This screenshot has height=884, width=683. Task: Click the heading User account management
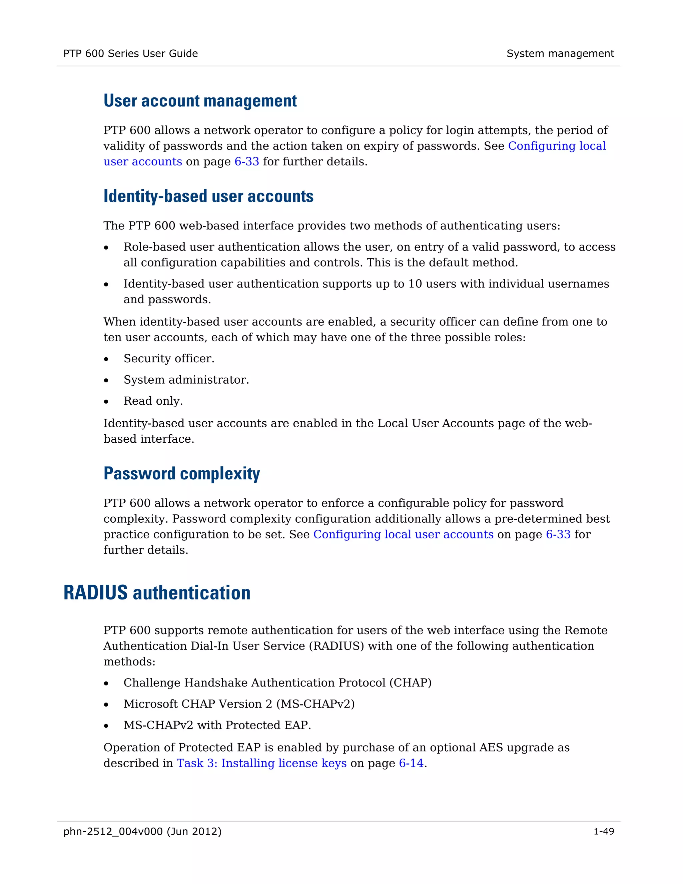[200, 101]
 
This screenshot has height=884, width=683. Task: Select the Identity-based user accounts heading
[208, 196]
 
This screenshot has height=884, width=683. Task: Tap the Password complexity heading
[182, 474]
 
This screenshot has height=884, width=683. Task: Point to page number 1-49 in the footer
[603, 831]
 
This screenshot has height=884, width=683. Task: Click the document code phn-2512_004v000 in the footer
[113, 831]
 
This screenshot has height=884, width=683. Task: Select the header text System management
[560, 53]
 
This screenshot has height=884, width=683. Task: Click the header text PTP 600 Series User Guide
[130, 53]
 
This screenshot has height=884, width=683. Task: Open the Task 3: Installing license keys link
[261, 763]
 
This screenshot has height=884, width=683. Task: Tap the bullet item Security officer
[169, 359]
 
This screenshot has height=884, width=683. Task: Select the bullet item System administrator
[186, 380]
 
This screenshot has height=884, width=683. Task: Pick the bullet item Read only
[153, 401]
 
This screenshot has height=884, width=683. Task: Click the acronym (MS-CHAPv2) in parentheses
[315, 704]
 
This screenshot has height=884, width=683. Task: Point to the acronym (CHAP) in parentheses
[410, 683]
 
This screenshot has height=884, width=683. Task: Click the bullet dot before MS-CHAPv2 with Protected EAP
[106, 726]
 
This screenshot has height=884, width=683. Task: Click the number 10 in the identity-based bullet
[415, 284]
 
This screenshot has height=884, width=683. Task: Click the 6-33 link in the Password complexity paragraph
[558, 534]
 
